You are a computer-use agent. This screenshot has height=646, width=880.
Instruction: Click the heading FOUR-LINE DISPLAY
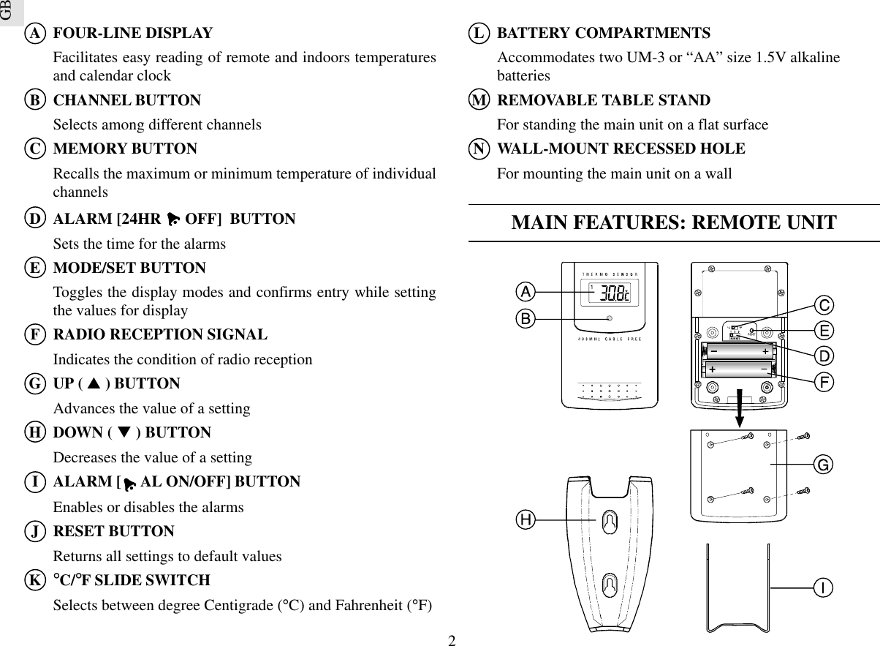tap(133, 34)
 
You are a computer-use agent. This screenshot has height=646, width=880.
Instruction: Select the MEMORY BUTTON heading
tap(125, 149)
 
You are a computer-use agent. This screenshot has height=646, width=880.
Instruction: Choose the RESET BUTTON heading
tap(114, 531)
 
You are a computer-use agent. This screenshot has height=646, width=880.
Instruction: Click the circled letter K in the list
tap(34, 581)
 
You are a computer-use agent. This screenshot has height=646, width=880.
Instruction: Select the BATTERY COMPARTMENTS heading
tap(603, 34)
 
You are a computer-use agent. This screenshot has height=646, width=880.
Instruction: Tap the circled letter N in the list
tap(478, 149)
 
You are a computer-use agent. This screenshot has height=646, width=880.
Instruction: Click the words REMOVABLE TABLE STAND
tap(603, 100)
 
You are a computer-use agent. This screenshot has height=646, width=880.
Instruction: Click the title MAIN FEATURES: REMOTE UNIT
tap(674, 223)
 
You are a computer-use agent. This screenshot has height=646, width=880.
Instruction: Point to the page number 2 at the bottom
tap(452, 641)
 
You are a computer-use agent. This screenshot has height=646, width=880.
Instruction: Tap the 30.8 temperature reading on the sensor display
tap(612, 293)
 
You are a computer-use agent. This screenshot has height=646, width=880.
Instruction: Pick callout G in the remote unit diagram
tap(823, 464)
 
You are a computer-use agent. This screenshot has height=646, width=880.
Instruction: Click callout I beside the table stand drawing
tap(823, 587)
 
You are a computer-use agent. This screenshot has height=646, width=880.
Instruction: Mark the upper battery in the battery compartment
tap(738, 352)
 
